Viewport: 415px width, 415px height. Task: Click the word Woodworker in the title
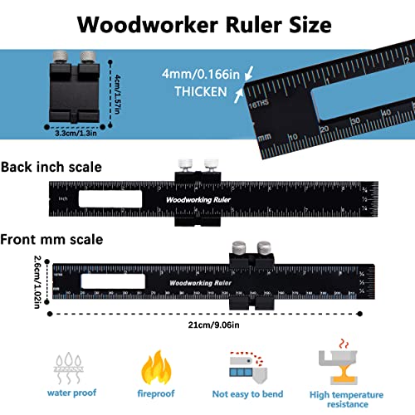(x=147, y=24)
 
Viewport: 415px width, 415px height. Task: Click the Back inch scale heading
(x=51, y=166)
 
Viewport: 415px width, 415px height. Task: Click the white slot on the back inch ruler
(x=110, y=199)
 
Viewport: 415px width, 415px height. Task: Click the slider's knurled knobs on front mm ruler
(x=252, y=247)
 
